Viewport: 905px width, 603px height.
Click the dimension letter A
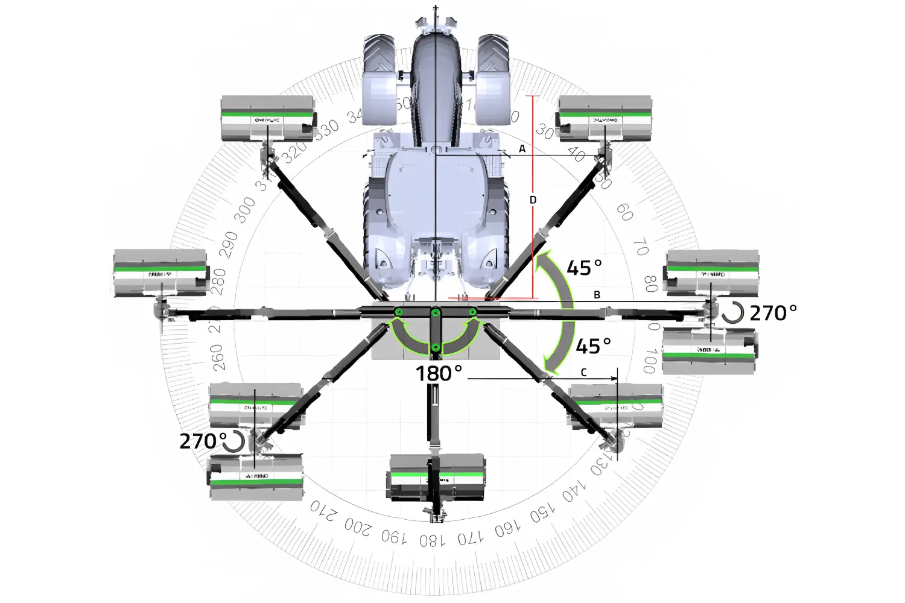(522, 148)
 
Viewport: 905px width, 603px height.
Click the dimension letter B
(597, 295)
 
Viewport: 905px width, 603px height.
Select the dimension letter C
(583, 373)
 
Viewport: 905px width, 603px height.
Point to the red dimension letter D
(533, 200)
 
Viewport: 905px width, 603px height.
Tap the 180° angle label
(439, 374)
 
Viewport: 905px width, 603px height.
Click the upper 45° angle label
(584, 268)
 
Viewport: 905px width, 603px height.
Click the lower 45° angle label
(593, 346)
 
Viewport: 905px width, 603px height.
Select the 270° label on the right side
(773, 313)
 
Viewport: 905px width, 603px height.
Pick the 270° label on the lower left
(203, 441)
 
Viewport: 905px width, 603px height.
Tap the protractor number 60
(624, 212)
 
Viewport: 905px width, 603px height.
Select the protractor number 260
(218, 357)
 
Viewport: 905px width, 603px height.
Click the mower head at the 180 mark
(436, 478)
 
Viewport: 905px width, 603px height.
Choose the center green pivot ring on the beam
(436, 312)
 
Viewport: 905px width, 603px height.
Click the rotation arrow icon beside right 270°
(732, 313)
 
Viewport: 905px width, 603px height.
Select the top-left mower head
(267, 119)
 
